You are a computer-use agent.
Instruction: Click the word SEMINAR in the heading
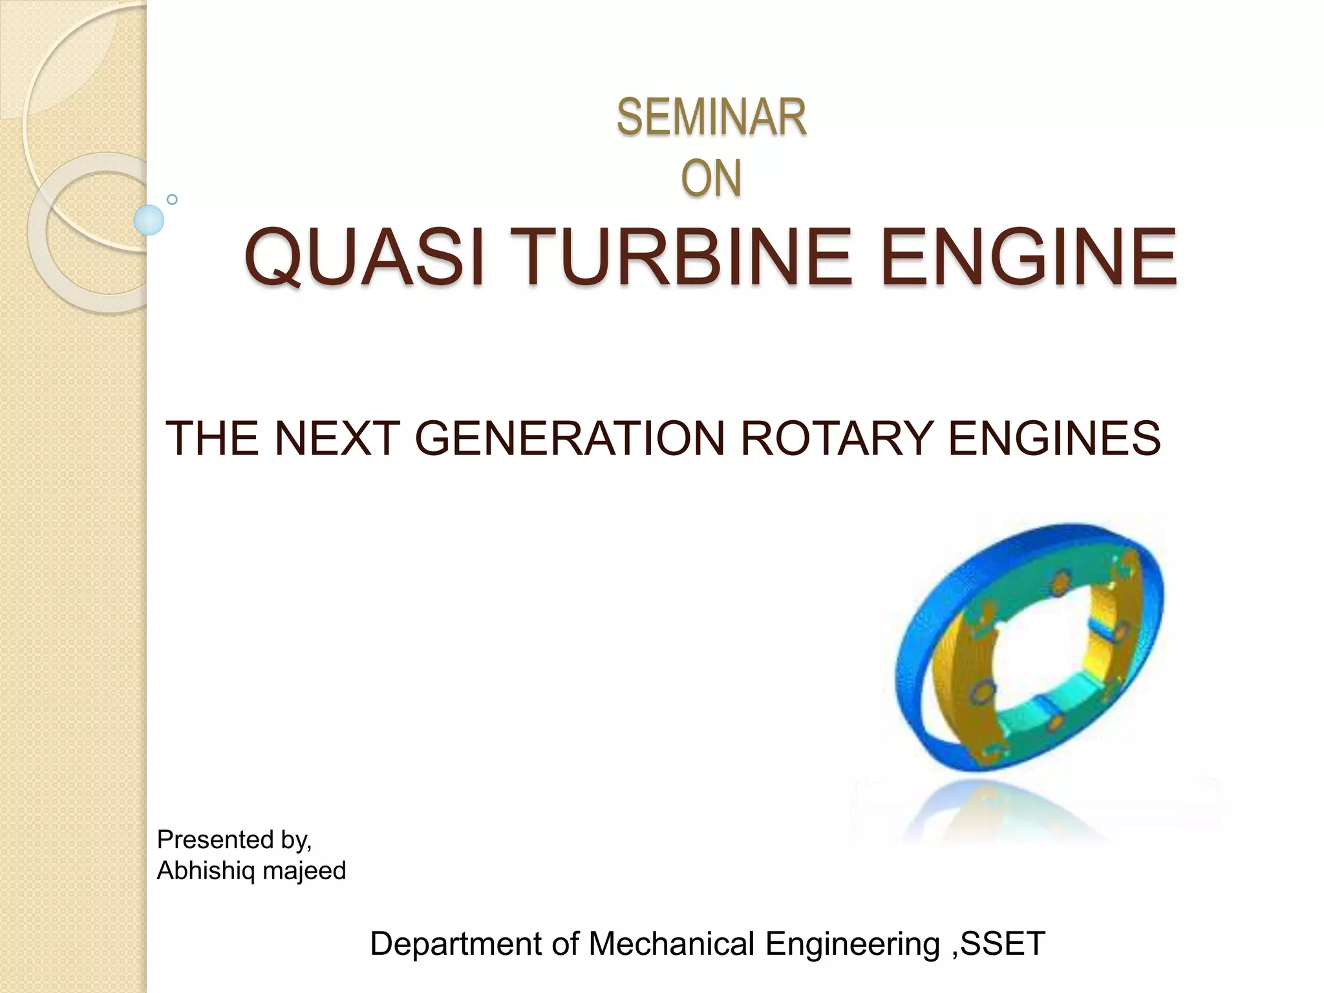(x=711, y=118)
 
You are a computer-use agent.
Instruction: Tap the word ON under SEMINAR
(x=711, y=178)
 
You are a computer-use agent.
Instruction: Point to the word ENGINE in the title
(x=1028, y=257)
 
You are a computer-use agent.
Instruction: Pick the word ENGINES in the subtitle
(x=1054, y=438)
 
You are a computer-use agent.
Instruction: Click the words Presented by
(x=234, y=840)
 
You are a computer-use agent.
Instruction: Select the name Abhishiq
(x=206, y=871)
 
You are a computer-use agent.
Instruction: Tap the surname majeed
(x=304, y=871)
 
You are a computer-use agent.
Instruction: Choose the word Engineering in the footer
(x=852, y=945)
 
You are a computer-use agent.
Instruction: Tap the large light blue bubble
(x=149, y=220)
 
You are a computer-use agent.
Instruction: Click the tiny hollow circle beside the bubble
(x=172, y=199)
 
